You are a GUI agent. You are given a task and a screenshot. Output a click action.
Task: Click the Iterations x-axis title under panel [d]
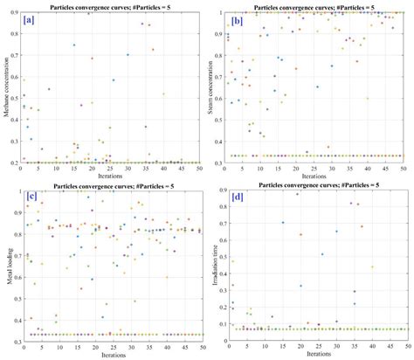315,355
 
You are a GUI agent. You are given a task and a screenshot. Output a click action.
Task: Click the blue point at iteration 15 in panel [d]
282,222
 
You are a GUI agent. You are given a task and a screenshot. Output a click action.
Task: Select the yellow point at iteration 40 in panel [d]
373,267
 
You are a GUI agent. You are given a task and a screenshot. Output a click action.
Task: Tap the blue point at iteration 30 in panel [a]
128,55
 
